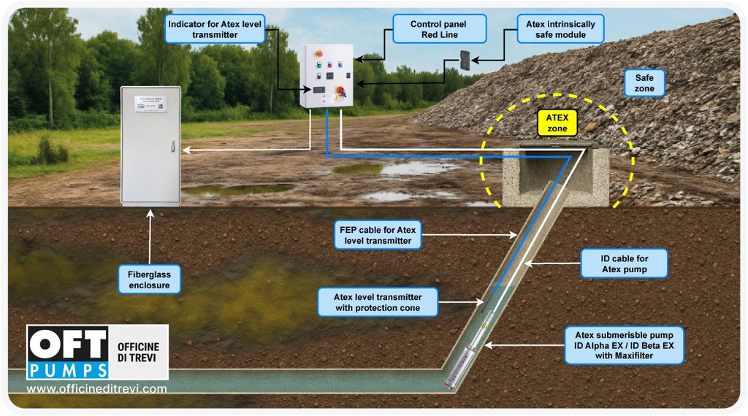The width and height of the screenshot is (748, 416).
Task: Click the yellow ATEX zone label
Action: click(x=557, y=123)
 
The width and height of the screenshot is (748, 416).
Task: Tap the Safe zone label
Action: click(x=644, y=83)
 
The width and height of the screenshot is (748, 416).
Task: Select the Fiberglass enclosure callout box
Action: click(x=149, y=279)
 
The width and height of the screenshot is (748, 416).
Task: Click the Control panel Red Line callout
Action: click(x=438, y=29)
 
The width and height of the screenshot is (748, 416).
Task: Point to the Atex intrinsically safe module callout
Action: click(x=560, y=29)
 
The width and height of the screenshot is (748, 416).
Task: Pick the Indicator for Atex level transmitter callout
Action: click(x=214, y=29)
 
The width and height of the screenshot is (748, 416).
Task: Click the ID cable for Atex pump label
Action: click(x=624, y=263)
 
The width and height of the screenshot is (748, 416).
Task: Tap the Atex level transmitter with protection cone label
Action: click(x=378, y=302)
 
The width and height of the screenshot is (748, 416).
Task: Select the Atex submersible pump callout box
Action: click(x=624, y=345)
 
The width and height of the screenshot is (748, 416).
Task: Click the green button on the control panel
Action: click(x=318, y=64)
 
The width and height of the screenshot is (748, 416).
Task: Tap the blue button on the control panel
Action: click(x=329, y=64)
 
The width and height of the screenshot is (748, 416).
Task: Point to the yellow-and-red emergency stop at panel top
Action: click(x=318, y=53)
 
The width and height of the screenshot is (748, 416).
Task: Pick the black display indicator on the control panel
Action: click(x=319, y=88)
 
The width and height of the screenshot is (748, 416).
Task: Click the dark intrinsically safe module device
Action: click(x=465, y=61)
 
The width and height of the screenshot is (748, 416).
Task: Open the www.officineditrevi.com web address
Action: click(x=96, y=389)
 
